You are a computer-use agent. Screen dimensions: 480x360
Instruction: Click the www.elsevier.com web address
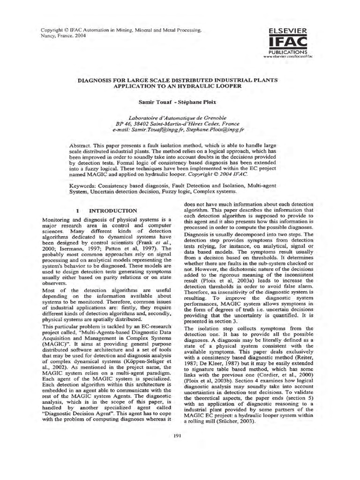pos(287,56)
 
